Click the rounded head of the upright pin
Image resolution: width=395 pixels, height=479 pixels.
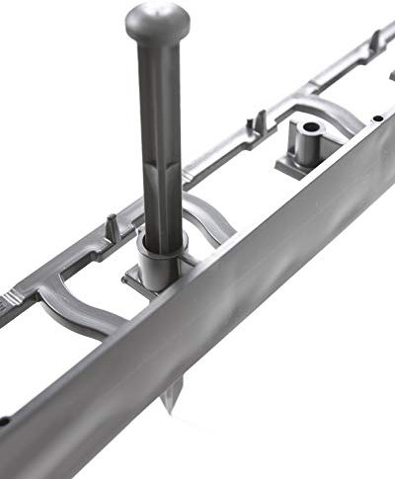click(157, 19)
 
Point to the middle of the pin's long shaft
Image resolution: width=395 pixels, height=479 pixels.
click(159, 138)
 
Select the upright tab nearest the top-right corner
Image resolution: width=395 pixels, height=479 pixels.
click(375, 41)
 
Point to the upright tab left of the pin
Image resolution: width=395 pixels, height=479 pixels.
click(113, 228)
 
